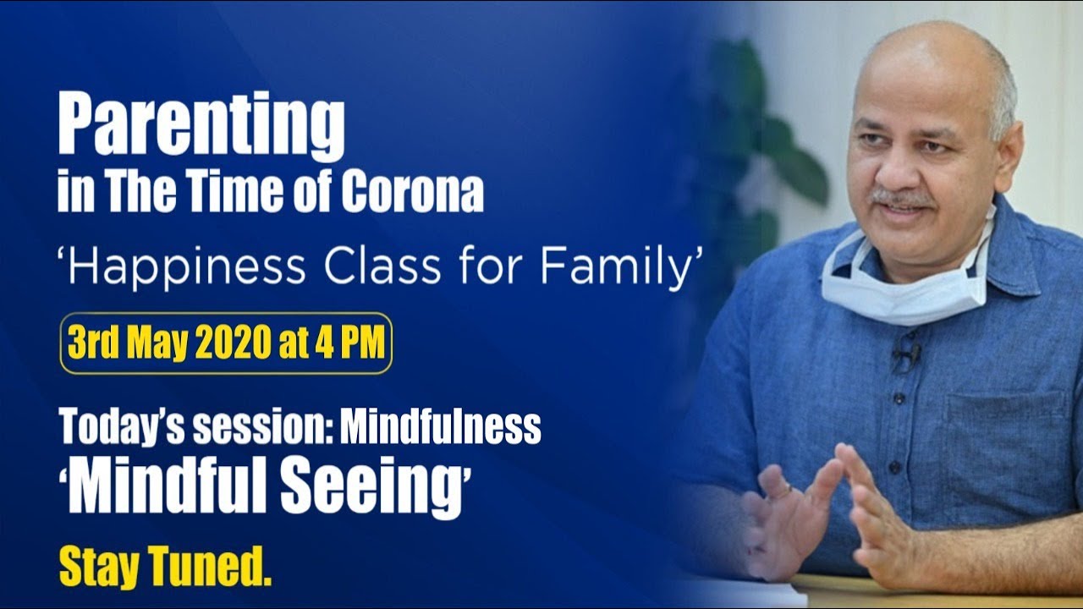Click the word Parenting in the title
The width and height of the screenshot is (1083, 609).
click(x=201, y=127)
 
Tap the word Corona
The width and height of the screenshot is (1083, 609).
click(x=412, y=194)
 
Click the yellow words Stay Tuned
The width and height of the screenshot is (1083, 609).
click(x=165, y=568)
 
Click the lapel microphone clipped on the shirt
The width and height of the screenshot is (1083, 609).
click(x=906, y=354)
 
